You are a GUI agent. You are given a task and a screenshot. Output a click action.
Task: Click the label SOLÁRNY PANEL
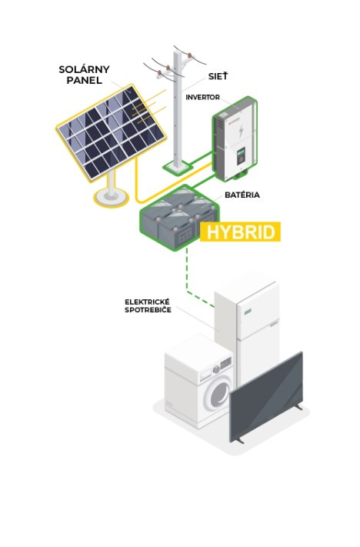point(84,75)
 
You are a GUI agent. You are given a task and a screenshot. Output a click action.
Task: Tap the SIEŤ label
point(218,76)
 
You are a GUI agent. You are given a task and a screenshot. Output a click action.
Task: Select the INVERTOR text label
point(202,98)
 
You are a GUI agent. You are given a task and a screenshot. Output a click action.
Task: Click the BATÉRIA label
point(242,195)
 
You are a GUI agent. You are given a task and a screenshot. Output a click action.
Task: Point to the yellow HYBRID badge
point(240,232)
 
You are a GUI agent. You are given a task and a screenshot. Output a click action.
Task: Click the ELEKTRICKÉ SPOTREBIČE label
point(148,306)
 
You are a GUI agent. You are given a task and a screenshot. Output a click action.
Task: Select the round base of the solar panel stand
point(111,198)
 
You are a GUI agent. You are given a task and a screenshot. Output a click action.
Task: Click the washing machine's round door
point(218,393)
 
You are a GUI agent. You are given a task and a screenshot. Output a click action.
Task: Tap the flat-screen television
point(266,398)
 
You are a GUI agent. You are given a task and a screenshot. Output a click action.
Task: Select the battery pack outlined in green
point(179,218)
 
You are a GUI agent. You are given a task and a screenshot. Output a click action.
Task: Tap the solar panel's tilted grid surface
point(111,132)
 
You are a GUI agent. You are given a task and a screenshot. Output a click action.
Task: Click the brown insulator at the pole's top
point(189,55)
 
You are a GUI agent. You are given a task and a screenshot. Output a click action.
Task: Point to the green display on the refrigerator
point(248,311)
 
